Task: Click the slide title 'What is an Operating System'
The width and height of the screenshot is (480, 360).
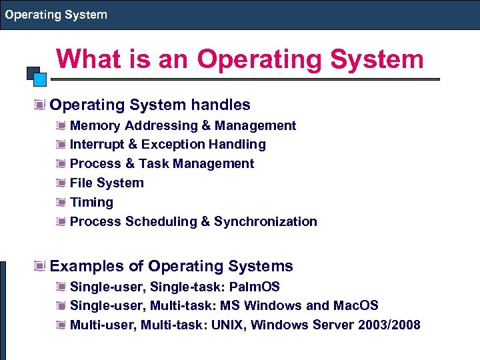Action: [x=240, y=59]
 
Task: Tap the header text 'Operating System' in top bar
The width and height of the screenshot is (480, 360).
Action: [x=56, y=15]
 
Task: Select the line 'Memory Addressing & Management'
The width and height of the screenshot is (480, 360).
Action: [x=183, y=125]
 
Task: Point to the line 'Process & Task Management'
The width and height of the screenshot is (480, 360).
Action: [x=161, y=164]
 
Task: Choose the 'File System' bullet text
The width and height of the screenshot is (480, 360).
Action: [x=107, y=183]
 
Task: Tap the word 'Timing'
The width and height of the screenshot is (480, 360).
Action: [x=91, y=202]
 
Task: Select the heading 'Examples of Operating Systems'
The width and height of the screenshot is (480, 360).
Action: [x=171, y=266]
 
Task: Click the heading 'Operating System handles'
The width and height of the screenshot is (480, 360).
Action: [x=150, y=105]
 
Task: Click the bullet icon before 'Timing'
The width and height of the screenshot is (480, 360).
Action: [x=61, y=202]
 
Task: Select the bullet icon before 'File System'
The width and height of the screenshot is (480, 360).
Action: [x=61, y=183]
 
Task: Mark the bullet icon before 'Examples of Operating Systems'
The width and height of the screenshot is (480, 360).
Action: [x=41, y=267]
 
